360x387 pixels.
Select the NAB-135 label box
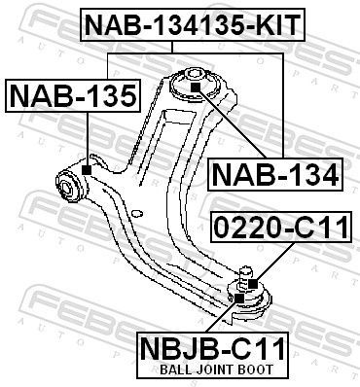74,95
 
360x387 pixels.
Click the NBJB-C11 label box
224,347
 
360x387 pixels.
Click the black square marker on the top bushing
195,87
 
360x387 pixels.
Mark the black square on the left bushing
87,170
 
